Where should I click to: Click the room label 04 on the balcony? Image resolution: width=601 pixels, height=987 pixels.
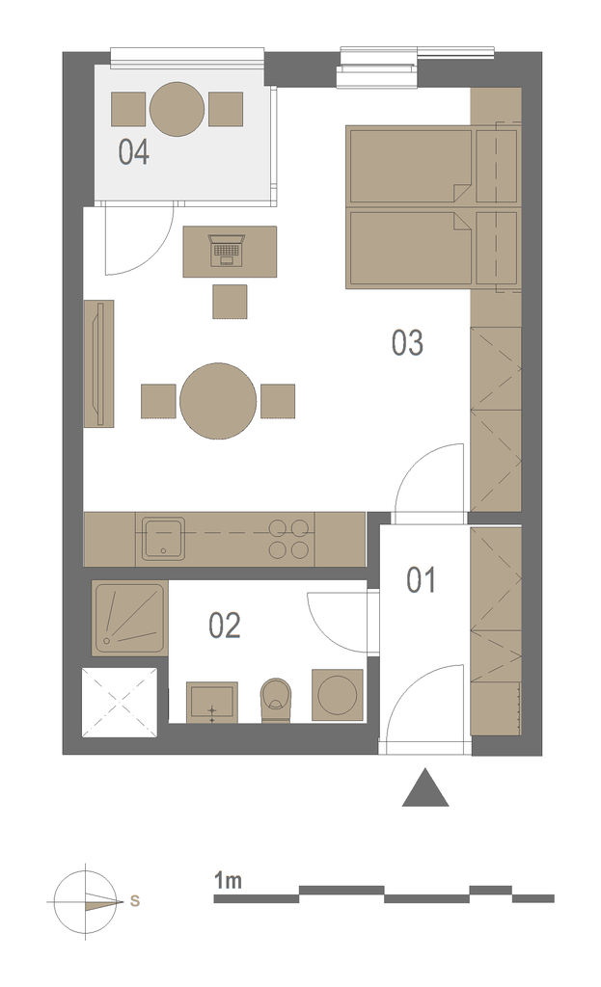(133, 152)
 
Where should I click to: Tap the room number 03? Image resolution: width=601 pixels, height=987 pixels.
(407, 343)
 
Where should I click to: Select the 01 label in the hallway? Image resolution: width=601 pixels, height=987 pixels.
(421, 580)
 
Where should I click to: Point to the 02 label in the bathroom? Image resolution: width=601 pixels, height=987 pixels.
(225, 626)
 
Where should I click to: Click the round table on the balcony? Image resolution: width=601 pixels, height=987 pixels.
(178, 109)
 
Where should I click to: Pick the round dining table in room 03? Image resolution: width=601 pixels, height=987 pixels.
(218, 400)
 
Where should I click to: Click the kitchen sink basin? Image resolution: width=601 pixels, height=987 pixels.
(163, 538)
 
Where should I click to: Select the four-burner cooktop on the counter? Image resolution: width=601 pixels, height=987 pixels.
(289, 539)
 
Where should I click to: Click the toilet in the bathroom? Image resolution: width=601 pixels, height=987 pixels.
(276, 700)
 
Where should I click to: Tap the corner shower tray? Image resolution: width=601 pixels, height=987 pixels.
(130, 619)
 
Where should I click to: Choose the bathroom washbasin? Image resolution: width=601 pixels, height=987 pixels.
(212, 702)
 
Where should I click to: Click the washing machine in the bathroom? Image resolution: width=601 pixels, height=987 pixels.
(338, 695)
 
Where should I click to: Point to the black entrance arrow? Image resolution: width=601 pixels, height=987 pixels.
(425, 787)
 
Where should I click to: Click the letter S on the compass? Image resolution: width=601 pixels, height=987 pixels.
(135, 901)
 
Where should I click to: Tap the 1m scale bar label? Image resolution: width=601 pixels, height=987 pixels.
(228, 880)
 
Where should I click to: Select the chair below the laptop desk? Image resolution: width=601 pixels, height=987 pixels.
(230, 301)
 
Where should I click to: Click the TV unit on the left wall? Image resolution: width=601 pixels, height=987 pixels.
(99, 363)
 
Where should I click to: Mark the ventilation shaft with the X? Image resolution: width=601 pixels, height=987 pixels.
(120, 703)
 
